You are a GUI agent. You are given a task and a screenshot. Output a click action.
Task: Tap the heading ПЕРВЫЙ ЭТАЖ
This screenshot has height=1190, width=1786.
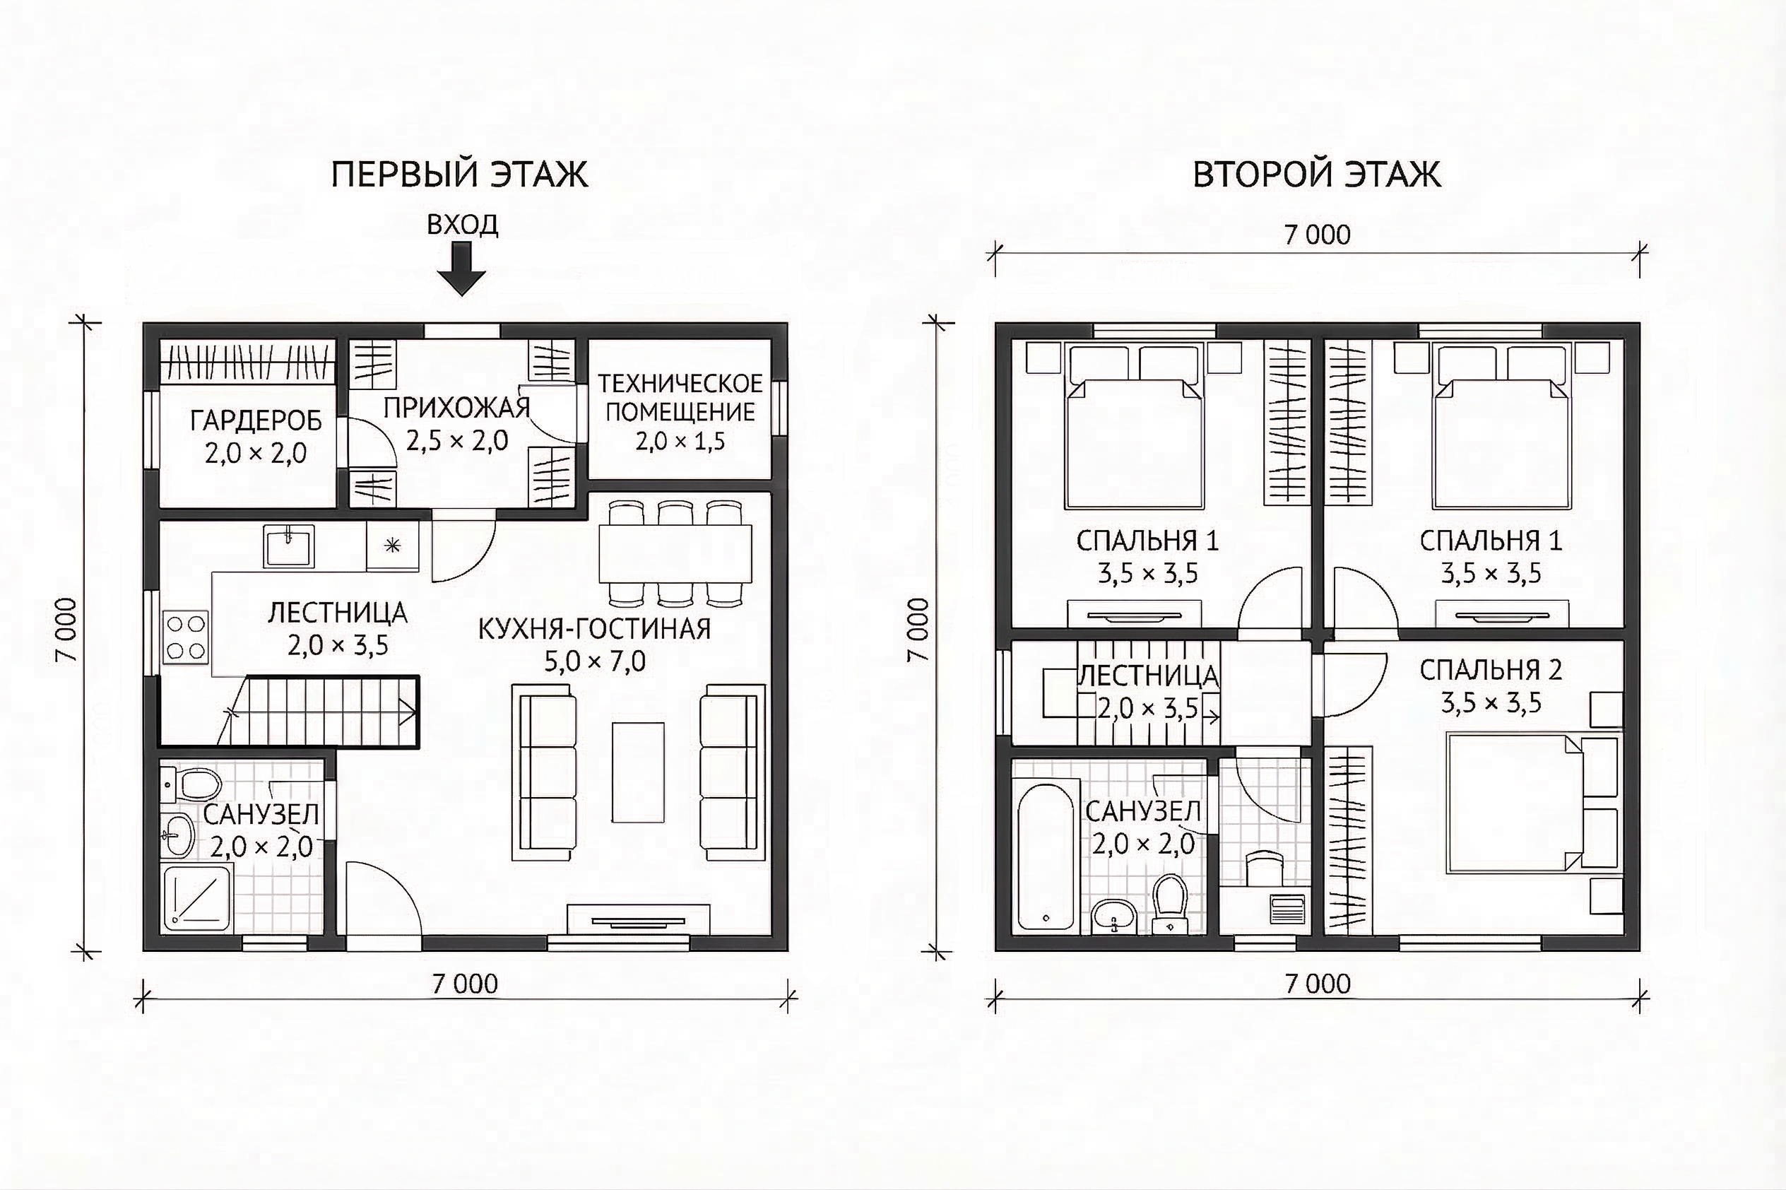click(x=460, y=175)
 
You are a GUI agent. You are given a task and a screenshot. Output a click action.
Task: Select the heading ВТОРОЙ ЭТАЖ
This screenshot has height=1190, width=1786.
click(x=1317, y=175)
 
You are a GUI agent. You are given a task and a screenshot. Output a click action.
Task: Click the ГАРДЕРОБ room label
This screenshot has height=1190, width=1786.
click(x=256, y=420)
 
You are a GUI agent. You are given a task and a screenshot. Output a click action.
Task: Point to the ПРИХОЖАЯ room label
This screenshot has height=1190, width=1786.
click(x=456, y=408)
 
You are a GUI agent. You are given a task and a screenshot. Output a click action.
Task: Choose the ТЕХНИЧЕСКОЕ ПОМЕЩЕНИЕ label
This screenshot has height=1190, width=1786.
click(x=680, y=398)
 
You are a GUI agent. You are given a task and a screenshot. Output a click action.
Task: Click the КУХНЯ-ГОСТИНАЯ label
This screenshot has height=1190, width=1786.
click(x=594, y=629)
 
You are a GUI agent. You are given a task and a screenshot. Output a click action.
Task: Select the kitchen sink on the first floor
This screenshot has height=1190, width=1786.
click(x=289, y=546)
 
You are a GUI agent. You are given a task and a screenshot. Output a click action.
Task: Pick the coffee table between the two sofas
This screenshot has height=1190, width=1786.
click(x=638, y=772)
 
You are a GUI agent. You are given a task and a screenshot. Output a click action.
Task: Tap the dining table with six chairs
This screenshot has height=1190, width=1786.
click(x=675, y=553)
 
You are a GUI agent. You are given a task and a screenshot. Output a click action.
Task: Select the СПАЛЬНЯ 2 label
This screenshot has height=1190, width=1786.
click(x=1491, y=670)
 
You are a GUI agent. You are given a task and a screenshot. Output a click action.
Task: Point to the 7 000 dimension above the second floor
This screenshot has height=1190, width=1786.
click(x=1317, y=235)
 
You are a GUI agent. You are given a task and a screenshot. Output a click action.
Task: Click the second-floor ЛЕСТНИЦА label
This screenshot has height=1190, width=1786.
click(x=1148, y=676)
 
